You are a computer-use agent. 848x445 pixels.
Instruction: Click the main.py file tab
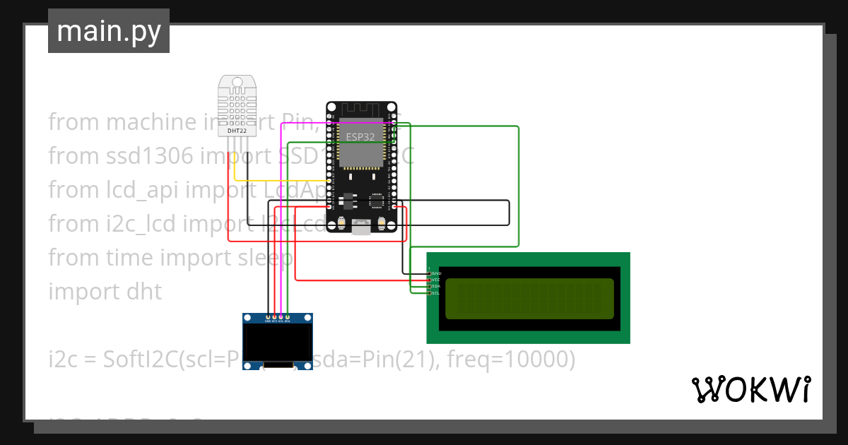[108, 31]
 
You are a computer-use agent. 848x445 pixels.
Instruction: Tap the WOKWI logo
[750, 389]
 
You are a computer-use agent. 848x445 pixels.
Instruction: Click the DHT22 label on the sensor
[237, 131]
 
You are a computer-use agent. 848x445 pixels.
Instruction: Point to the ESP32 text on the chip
[360, 136]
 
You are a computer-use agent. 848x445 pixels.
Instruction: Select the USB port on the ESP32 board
[362, 227]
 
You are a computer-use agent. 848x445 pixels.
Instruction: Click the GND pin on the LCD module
[429, 273]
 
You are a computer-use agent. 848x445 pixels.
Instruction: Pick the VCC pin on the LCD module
[429, 280]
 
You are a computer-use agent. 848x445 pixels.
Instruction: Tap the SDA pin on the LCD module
[429, 286]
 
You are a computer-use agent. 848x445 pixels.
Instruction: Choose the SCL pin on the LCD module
[429, 292]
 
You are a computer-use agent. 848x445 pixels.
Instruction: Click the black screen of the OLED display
[277, 342]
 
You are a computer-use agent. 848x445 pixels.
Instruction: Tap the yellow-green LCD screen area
[529, 298]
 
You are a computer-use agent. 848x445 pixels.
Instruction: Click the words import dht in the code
[105, 291]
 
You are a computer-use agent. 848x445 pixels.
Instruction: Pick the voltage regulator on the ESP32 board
[346, 201]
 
